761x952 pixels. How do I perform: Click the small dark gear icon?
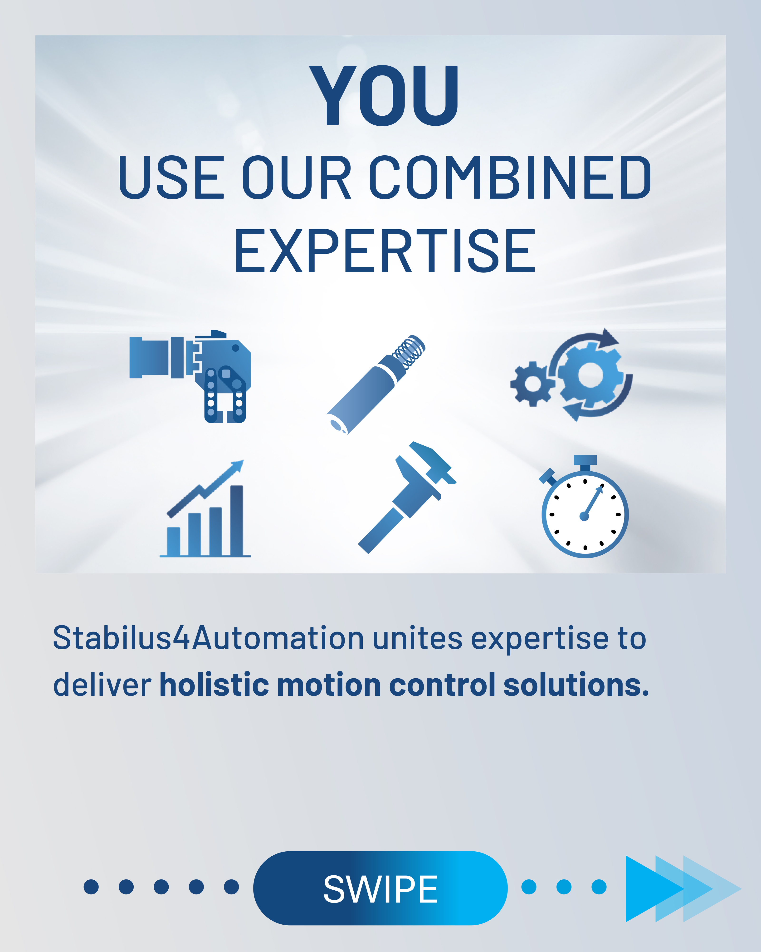(532, 383)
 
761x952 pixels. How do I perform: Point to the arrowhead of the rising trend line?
(238, 466)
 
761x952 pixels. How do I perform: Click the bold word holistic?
(214, 684)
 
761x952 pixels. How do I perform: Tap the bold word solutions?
(576, 684)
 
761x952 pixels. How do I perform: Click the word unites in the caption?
(418, 638)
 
